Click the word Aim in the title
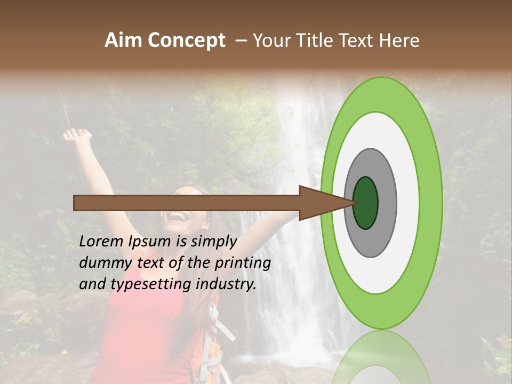124,41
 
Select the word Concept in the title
186,41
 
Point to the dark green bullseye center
365,203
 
